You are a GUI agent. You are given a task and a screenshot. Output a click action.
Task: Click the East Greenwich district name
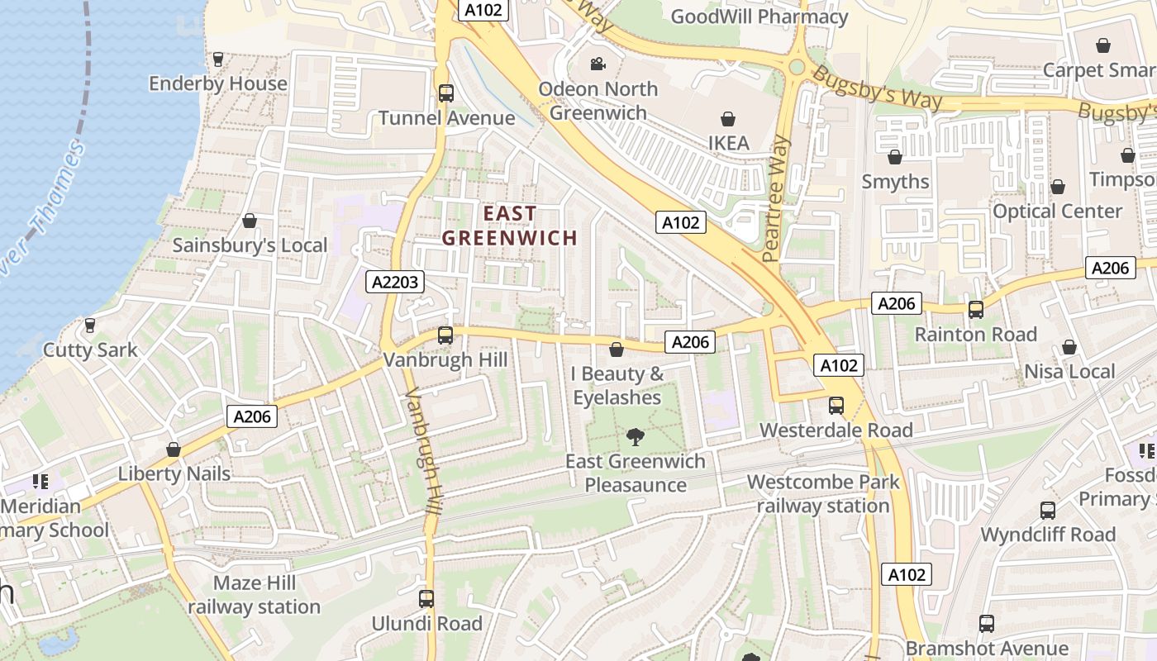509,226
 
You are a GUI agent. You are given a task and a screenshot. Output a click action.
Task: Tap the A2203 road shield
396,282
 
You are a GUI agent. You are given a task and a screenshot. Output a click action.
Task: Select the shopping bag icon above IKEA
728,120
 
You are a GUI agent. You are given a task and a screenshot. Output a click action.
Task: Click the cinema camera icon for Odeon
598,64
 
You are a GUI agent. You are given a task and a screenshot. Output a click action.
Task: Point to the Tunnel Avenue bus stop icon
446,93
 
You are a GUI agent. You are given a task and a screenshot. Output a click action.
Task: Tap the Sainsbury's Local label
250,245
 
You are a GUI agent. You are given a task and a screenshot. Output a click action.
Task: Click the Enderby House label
218,83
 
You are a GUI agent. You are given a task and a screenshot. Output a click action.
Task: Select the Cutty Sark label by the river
90,350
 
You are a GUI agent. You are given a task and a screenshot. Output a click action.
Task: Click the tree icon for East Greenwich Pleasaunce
636,437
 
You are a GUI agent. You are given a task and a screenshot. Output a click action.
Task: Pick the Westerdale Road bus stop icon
836,406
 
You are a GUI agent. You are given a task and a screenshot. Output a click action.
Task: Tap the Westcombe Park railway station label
823,493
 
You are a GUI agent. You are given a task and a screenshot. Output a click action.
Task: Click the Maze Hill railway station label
254,595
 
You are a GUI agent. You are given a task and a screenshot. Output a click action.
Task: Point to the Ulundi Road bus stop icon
426,599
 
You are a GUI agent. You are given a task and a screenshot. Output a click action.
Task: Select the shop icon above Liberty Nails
174,449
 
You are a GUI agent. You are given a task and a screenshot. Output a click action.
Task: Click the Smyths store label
895,181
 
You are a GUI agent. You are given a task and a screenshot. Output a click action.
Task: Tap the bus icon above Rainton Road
976,310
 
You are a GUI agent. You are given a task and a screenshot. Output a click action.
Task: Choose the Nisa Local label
1070,371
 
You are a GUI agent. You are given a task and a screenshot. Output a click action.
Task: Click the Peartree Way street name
776,198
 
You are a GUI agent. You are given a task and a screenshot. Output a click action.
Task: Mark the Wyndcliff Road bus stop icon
1048,511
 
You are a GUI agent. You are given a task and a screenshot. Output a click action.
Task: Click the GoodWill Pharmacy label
759,17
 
